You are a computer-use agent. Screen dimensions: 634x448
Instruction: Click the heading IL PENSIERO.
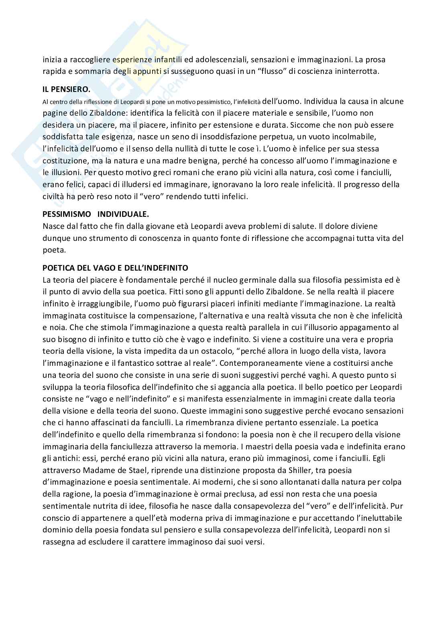tap(67, 90)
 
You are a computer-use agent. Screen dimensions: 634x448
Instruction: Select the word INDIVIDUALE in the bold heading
tap(123, 215)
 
